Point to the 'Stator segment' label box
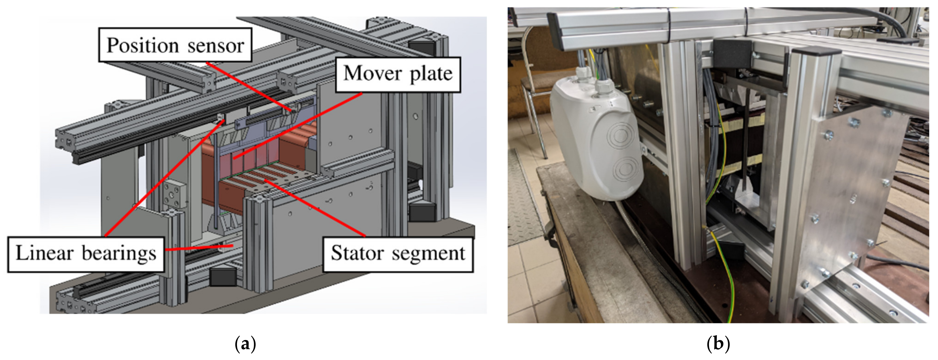398,254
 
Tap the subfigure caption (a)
245,344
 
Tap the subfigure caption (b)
718,344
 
